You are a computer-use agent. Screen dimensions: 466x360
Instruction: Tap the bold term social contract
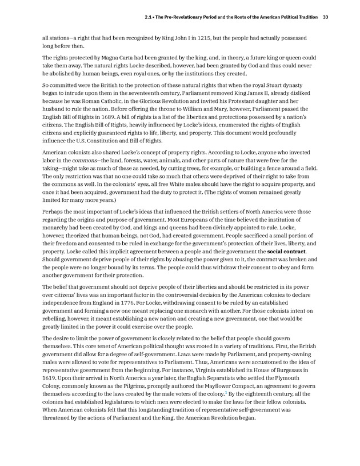tap(286, 251)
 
